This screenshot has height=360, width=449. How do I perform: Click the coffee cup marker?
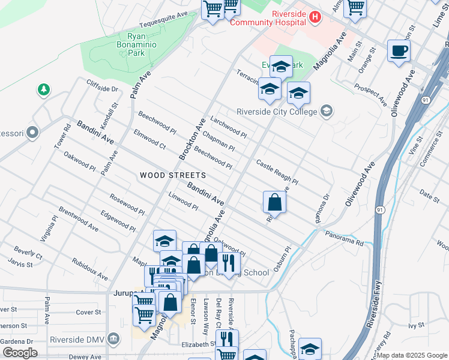point(399,50)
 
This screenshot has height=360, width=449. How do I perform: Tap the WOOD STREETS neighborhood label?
point(173,176)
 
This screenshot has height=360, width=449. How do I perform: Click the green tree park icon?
point(43,90)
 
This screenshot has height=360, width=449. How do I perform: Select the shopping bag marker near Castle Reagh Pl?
point(274,202)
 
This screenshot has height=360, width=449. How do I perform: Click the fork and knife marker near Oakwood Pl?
point(229,262)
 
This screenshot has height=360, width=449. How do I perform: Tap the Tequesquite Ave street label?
point(164,21)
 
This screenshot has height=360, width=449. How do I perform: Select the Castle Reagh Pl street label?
point(277,172)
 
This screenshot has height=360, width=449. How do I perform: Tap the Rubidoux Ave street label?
point(89,269)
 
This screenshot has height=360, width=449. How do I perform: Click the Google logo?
point(20,353)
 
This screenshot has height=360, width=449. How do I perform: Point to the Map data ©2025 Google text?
point(411,355)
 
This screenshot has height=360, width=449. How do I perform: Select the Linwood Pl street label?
point(183,201)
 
